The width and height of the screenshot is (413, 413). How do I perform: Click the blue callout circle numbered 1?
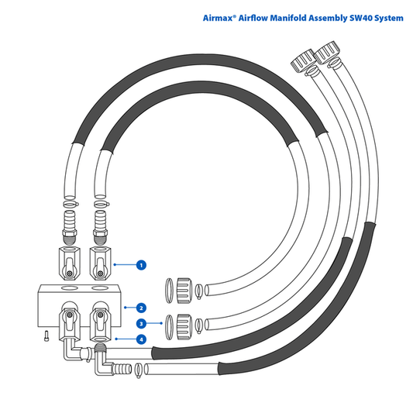pyautogui.click(x=141, y=265)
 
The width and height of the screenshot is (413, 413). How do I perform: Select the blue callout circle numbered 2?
pyautogui.click(x=141, y=308)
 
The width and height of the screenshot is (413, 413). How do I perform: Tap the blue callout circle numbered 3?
pyautogui.click(x=141, y=323)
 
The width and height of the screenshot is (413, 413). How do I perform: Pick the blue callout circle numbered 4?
pyautogui.click(x=141, y=339)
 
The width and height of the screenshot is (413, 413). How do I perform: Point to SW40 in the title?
pyautogui.click(x=360, y=18)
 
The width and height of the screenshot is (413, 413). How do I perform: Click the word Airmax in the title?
pyautogui.click(x=218, y=18)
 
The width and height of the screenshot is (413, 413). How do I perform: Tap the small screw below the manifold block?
pyautogui.click(x=46, y=336)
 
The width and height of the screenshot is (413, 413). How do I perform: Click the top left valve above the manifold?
pyautogui.click(x=70, y=264)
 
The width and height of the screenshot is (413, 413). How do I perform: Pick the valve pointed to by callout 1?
pyautogui.click(x=101, y=264)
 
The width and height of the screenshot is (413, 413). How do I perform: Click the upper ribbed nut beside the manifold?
pyautogui.click(x=184, y=291)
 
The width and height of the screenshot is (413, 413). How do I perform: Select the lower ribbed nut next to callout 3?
pyautogui.click(x=184, y=327)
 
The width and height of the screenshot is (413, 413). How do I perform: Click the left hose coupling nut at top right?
pyautogui.click(x=303, y=60)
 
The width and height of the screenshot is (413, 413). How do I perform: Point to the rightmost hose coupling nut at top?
pyautogui.click(x=328, y=53)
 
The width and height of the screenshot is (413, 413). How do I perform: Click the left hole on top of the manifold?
pyautogui.click(x=69, y=287)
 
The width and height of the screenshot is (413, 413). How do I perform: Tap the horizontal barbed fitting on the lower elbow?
pyautogui.click(x=122, y=369)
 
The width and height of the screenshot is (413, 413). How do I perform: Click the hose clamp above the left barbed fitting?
pyautogui.click(x=71, y=204)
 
